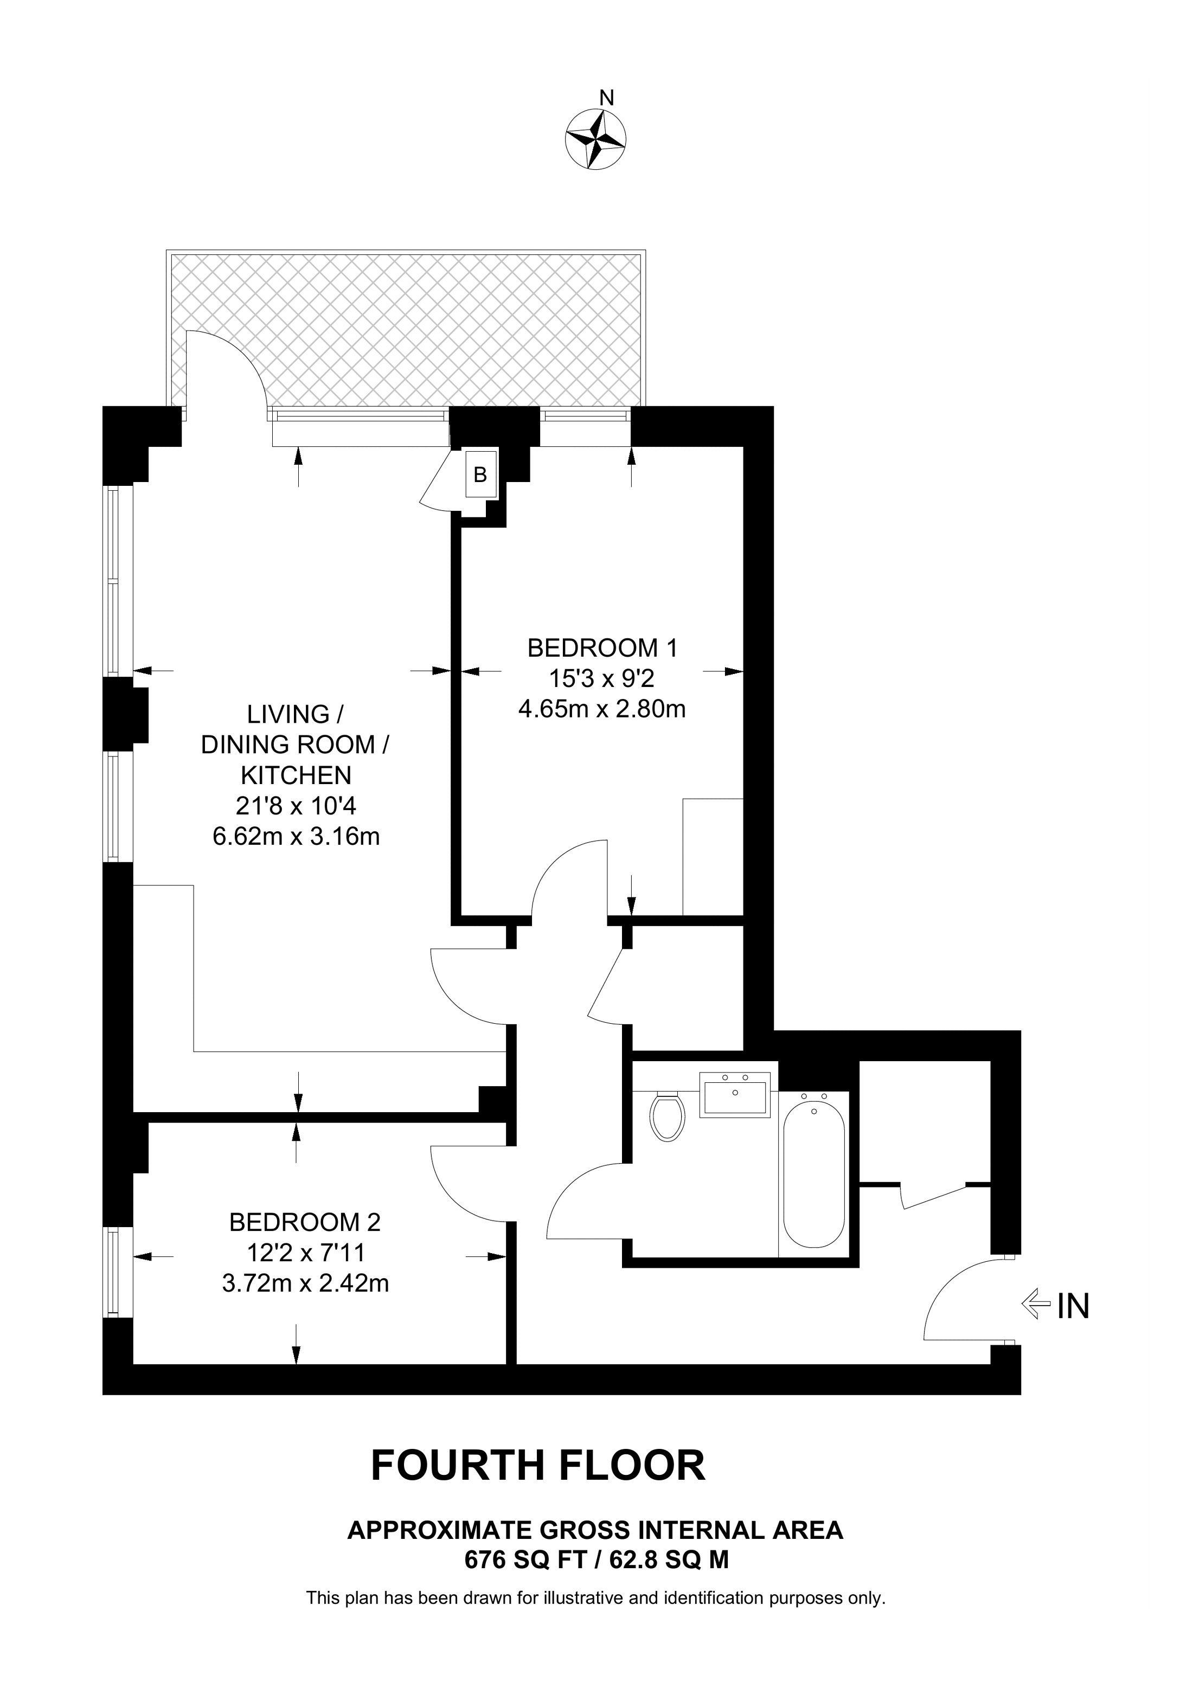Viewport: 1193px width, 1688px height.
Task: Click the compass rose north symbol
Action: (x=595, y=140)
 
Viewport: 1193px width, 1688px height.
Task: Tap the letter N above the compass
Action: (x=606, y=98)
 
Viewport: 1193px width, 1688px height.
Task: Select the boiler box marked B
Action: (x=480, y=475)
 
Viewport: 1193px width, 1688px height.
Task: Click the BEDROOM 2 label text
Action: (x=305, y=1222)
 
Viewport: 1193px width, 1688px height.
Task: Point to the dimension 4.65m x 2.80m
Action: (x=602, y=709)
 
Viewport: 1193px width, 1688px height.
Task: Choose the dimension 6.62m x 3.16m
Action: (x=296, y=837)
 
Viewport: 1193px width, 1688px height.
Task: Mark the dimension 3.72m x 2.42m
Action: (x=305, y=1283)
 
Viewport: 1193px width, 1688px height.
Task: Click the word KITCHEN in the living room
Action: (x=296, y=775)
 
